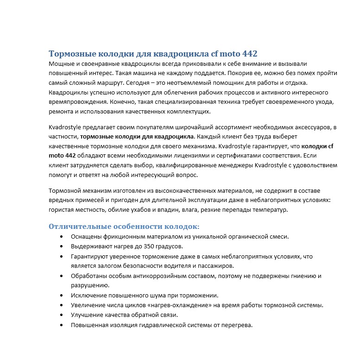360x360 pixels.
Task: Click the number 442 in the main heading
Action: tap(248, 54)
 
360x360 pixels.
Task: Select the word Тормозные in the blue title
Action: tap(69, 54)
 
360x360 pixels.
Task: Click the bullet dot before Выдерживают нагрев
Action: tap(62, 246)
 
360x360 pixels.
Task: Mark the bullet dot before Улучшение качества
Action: tap(62, 315)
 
